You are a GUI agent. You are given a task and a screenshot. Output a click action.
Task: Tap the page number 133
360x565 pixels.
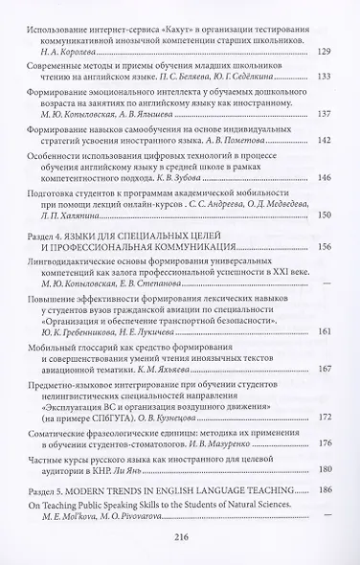click(x=324, y=76)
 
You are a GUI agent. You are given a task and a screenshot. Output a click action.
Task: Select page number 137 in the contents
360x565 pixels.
click(x=324, y=114)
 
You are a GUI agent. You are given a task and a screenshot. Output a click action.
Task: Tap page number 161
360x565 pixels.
click(x=324, y=331)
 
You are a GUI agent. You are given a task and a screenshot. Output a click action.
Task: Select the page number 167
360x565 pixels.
click(x=324, y=369)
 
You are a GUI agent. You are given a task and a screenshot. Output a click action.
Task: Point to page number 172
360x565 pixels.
click(x=324, y=418)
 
